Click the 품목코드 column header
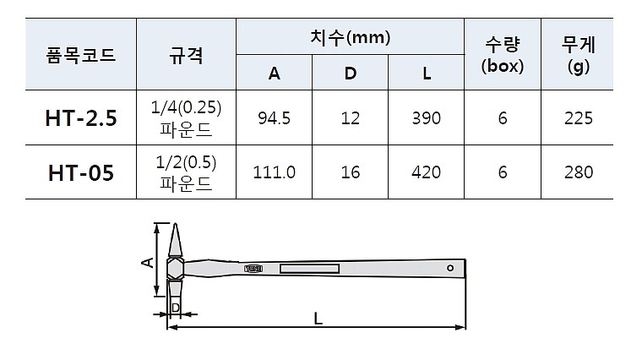(80, 56)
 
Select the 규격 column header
(186, 56)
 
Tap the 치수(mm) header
(351, 37)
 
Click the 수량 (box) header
(503, 56)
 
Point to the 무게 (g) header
(579, 56)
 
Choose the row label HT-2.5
(80, 118)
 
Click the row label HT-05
(80, 172)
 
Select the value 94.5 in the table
(274, 118)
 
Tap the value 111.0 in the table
(274, 172)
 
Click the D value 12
(351, 118)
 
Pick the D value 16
(351, 172)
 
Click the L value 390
(427, 118)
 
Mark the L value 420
(427, 172)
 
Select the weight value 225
(579, 118)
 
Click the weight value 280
(579, 172)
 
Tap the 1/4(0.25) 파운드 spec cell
(186, 118)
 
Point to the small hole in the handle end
(450, 269)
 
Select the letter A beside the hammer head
(146, 263)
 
